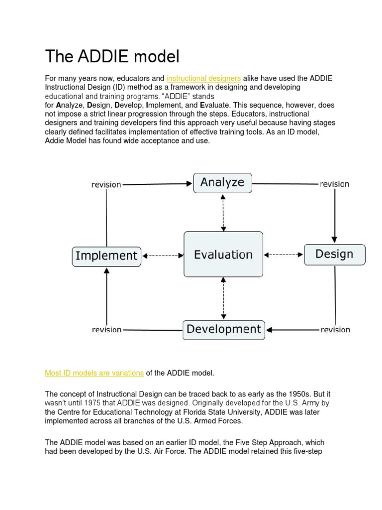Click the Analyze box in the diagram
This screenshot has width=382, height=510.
coord(222,182)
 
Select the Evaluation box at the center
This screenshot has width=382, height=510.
coord(223,255)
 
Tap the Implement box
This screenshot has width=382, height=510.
coord(106,255)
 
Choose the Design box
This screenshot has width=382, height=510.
coord(334,254)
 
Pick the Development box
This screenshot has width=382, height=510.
coord(224,329)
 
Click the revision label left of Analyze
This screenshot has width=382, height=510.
coord(106,184)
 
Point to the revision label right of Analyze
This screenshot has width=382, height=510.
coord(334,184)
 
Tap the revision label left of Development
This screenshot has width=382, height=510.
coord(106,330)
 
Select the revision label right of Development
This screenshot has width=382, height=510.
coord(335,330)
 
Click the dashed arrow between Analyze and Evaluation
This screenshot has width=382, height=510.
coord(223,212)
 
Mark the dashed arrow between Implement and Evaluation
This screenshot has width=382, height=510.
coord(163,255)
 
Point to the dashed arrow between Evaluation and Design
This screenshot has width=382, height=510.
coord(283,255)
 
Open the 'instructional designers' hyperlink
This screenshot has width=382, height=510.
coord(203,78)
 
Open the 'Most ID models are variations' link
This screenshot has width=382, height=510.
coord(95,373)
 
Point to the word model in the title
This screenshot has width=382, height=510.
coord(157,56)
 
